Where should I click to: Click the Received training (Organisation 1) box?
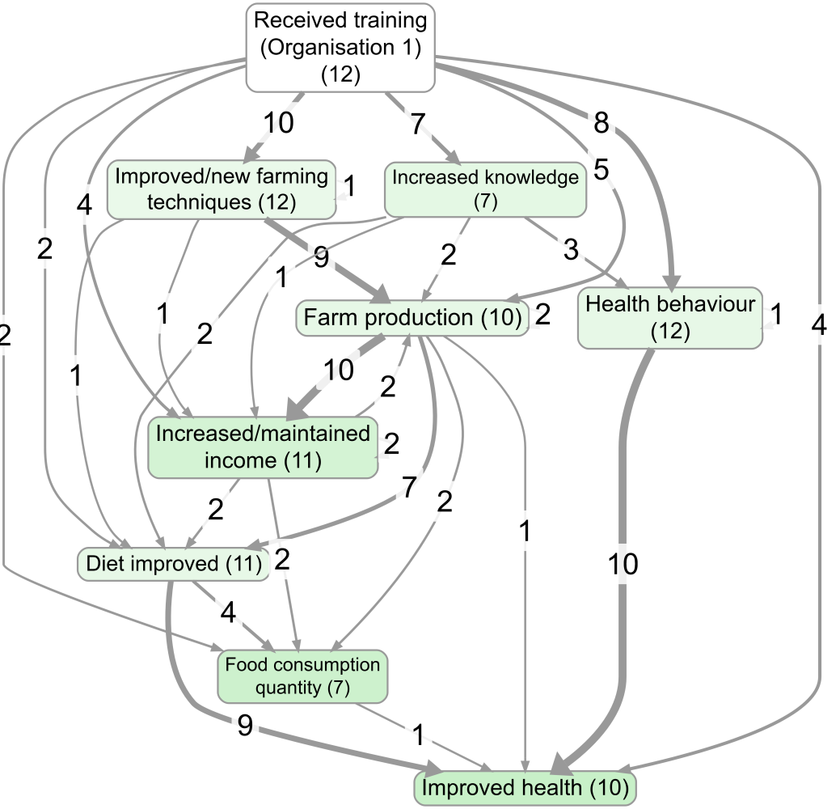pyautogui.click(x=340, y=46)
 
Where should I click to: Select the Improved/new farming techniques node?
pyautogui.click(x=222, y=188)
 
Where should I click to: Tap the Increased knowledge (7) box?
pyautogui.click(x=485, y=188)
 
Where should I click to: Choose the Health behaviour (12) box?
pyautogui.click(x=670, y=317)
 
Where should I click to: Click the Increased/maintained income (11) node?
pyautogui.click(x=263, y=447)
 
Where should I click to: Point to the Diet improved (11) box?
pyautogui.click(x=174, y=564)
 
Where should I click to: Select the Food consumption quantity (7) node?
pyautogui.click(x=302, y=676)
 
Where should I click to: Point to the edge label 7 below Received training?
pyautogui.click(x=418, y=124)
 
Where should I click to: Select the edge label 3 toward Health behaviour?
pyautogui.click(x=571, y=250)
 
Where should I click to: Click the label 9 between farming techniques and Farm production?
pyautogui.click(x=320, y=260)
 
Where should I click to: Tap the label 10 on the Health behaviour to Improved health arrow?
pyautogui.click(x=623, y=564)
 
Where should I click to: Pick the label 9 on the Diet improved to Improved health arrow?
pyautogui.click(x=245, y=726)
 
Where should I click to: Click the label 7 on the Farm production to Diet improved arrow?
pyautogui.click(x=409, y=488)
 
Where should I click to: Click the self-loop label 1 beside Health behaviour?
pyautogui.click(x=776, y=315)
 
